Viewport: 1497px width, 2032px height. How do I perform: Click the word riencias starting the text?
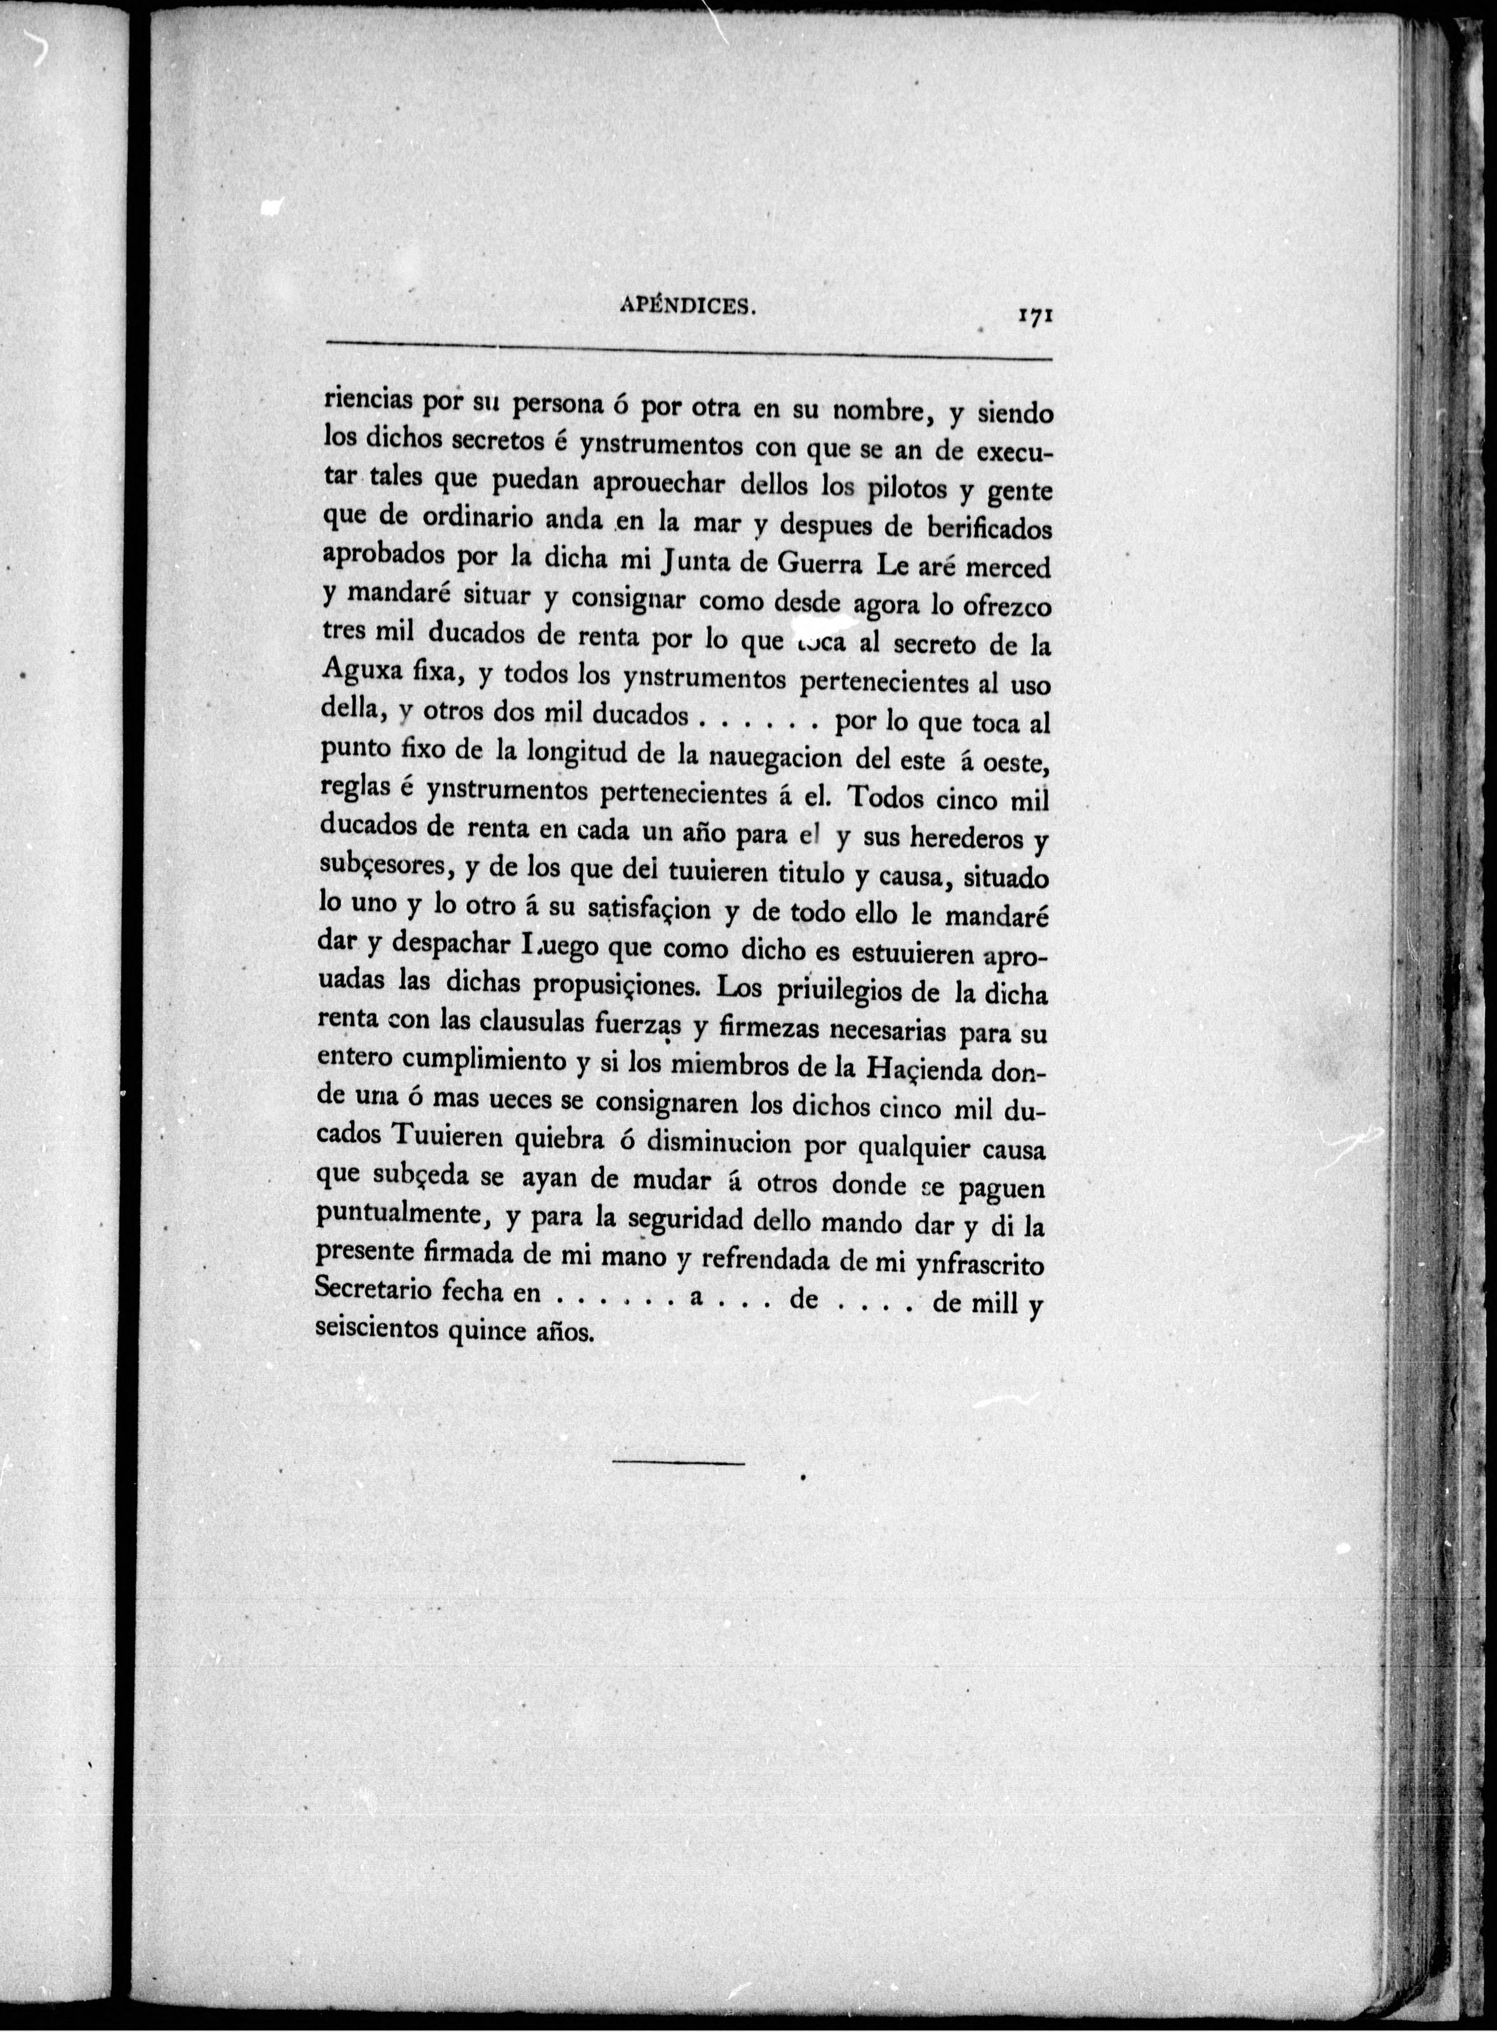coord(369,400)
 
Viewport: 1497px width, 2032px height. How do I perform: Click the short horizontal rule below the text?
coord(678,1462)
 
